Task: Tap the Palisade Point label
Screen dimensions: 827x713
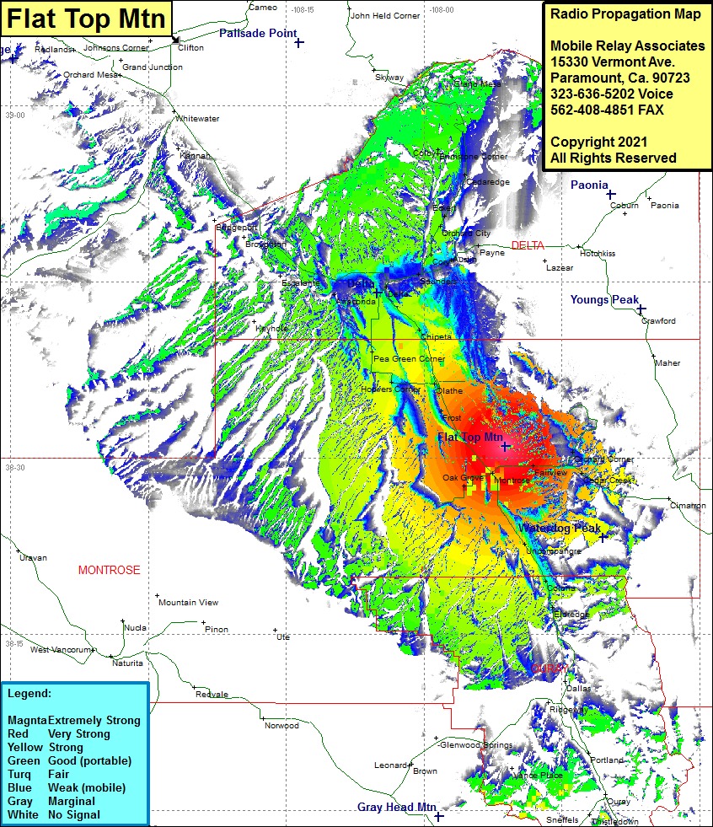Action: click(x=257, y=34)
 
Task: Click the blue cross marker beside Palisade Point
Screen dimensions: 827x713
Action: click(x=299, y=42)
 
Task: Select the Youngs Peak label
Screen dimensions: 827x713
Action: click(x=604, y=300)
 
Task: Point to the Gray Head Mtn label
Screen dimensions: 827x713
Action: click(x=396, y=807)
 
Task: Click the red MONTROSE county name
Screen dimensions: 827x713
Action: click(x=109, y=571)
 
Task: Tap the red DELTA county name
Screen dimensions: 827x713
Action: click(x=528, y=245)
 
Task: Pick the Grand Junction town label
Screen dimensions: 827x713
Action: click(x=153, y=67)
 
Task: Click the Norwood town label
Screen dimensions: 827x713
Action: click(x=281, y=726)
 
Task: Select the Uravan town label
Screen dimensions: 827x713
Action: click(x=33, y=558)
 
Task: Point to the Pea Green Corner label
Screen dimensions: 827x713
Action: click(x=409, y=359)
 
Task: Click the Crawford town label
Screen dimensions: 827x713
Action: click(x=658, y=321)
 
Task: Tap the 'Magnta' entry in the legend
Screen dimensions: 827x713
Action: click(x=26, y=721)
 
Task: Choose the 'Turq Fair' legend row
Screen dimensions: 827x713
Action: click(x=42, y=775)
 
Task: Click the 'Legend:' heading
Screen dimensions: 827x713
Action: click(x=29, y=694)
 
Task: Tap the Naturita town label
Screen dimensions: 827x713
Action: click(x=127, y=663)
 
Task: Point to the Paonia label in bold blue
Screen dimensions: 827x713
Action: click(x=589, y=185)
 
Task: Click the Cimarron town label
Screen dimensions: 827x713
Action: click(x=688, y=506)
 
